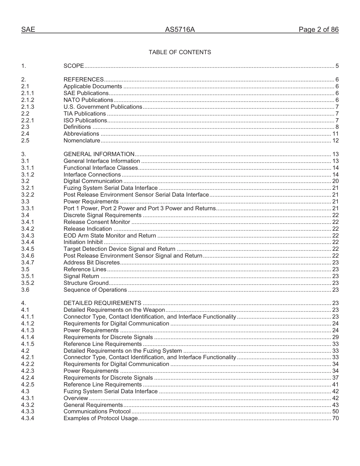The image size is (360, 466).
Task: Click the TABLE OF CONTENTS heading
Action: click(180, 52)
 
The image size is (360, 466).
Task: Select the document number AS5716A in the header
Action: click(180, 30)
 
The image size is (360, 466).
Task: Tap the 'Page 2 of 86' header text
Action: click(318, 30)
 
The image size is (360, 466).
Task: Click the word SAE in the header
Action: click(28, 30)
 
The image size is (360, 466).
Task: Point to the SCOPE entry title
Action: click(74, 66)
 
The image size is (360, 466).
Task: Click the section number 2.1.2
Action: click(28, 100)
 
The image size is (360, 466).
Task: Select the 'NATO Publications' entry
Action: click(88, 100)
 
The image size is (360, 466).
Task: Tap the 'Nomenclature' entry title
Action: click(82, 141)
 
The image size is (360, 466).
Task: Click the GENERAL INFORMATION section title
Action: click(99, 154)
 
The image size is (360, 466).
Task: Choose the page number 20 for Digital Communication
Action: click(335, 181)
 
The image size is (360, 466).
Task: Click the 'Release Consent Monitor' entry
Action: click(97, 222)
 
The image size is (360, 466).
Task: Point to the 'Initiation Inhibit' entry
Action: click(83, 242)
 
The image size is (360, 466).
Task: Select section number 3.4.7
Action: click(28, 263)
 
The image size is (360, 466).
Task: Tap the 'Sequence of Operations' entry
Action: click(95, 290)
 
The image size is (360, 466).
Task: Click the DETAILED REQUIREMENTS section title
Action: click(102, 303)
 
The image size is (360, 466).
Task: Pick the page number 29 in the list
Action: click(335, 337)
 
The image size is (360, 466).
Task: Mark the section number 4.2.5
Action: click(28, 385)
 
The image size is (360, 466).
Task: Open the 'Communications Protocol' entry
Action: click(97, 411)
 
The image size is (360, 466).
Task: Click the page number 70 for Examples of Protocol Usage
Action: click(335, 418)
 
